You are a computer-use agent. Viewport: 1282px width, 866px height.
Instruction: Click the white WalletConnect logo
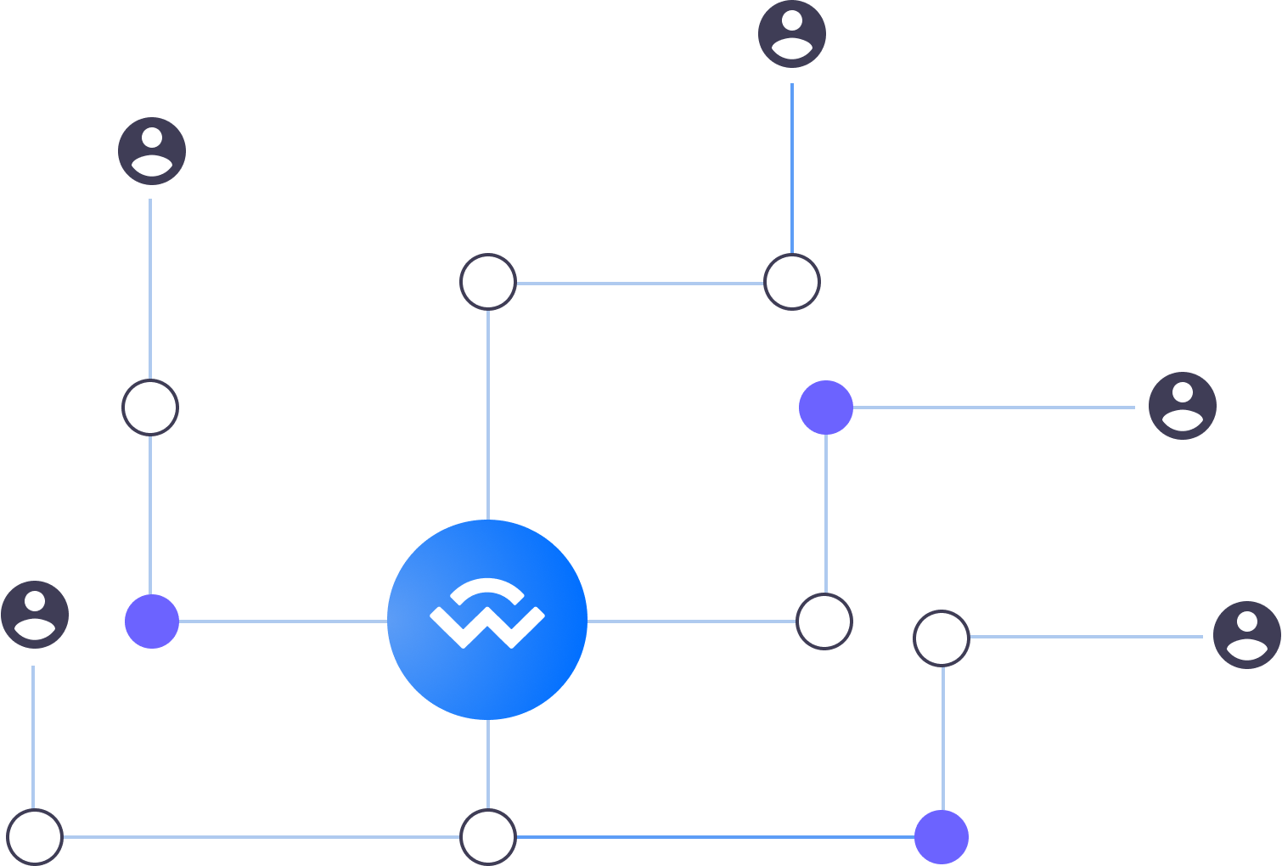486,613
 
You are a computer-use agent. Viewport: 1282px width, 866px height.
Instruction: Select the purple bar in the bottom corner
1104,836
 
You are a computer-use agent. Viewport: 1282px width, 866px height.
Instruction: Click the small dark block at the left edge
73,282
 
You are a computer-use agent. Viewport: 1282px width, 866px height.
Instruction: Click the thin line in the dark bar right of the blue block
1091,636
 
